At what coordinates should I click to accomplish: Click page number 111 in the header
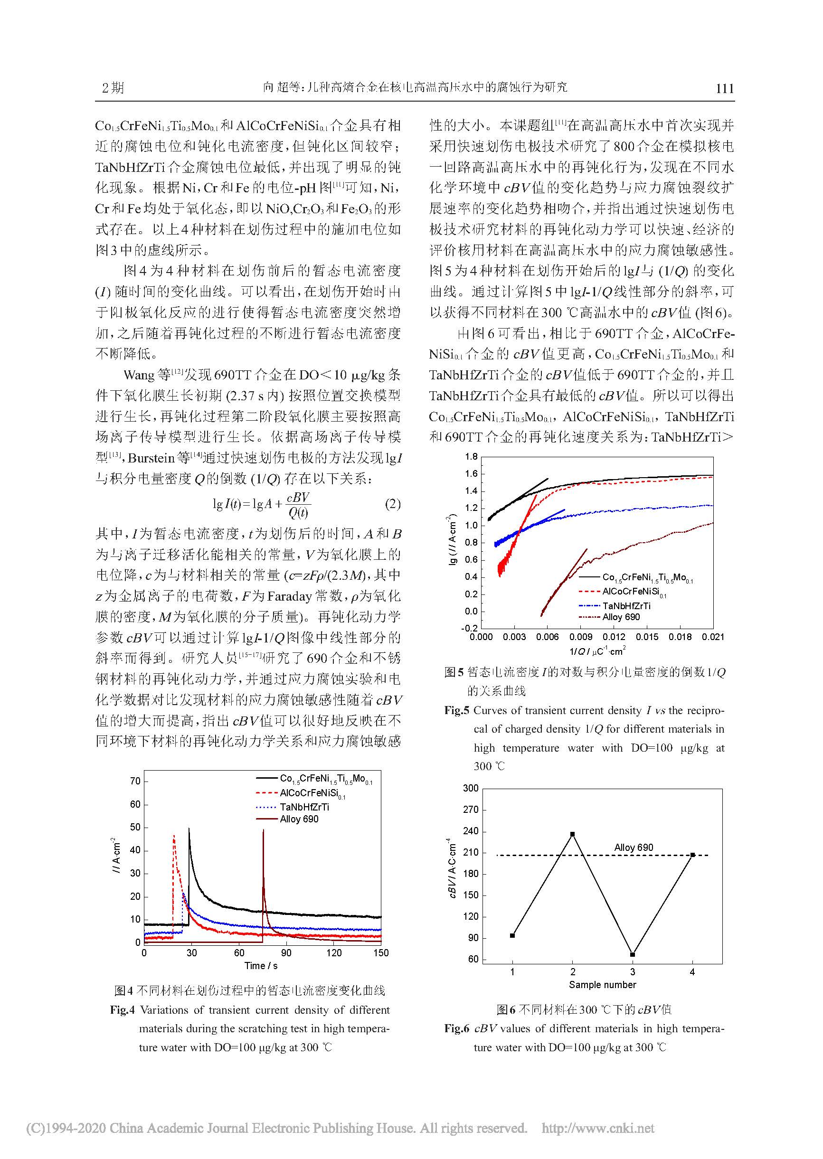pos(724,89)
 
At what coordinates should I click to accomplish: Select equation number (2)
pos(393,504)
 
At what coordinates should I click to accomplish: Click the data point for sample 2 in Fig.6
pos(572,834)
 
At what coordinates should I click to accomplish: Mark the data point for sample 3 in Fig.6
pos(633,954)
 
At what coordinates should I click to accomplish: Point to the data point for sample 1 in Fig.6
pos(512,936)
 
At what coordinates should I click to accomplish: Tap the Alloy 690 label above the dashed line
pos(634,847)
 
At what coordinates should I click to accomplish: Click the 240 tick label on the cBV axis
pos(471,831)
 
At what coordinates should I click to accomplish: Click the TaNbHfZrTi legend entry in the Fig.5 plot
pos(626,605)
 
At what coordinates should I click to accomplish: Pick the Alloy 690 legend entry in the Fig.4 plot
pos(299,819)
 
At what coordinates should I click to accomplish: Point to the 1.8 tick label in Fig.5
pos(471,456)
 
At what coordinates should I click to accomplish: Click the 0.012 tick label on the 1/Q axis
pos(614,637)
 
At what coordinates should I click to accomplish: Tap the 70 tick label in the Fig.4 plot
pos(135,781)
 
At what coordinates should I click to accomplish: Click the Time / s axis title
pos(261,965)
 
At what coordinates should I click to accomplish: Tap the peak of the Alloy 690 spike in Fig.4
pos(263,830)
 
